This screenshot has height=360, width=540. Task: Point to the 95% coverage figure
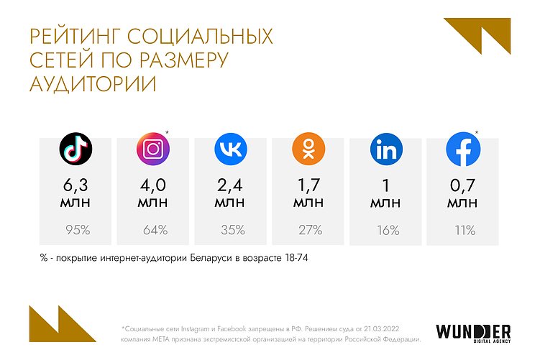coord(75,231)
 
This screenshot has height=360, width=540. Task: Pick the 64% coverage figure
coord(153,231)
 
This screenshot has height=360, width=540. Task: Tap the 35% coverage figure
coord(231,231)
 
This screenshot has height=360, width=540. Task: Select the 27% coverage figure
coord(308,231)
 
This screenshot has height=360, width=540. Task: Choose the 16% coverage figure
coord(386,231)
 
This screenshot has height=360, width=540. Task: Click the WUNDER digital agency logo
coord(473,333)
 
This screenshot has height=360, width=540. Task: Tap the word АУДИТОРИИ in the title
coord(92,83)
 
